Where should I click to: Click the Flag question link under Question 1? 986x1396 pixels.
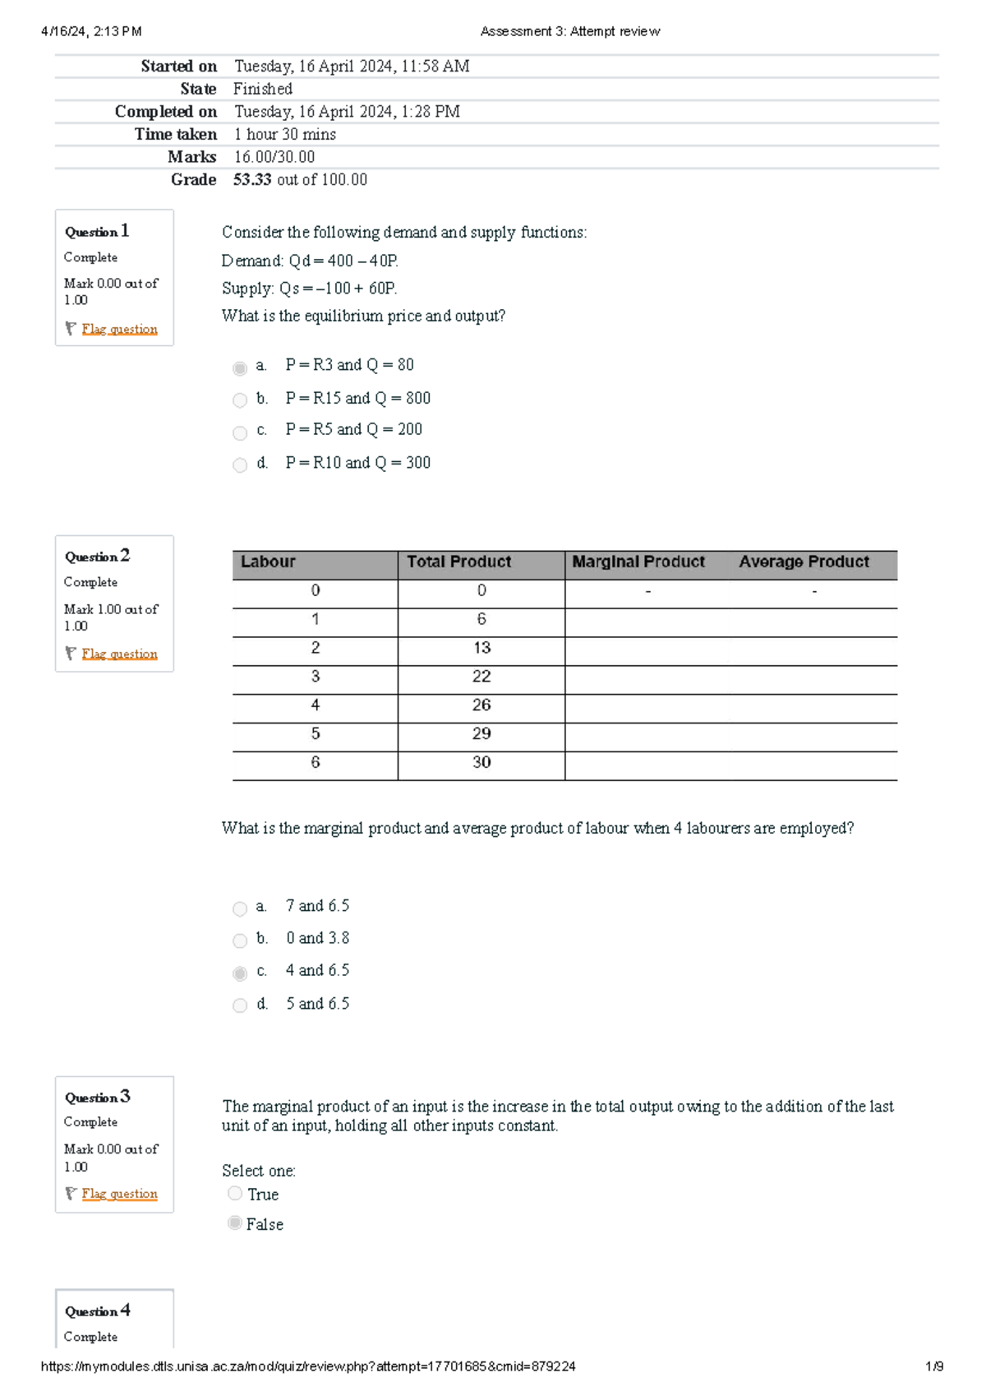tap(119, 329)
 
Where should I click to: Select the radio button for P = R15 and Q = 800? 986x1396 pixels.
tap(240, 400)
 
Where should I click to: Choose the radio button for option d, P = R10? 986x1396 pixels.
tap(240, 465)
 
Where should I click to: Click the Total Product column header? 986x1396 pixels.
tap(458, 562)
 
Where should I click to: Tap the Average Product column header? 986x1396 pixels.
tap(804, 562)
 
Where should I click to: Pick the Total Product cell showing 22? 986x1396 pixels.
tap(481, 677)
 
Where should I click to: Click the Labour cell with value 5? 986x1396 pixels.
tap(316, 733)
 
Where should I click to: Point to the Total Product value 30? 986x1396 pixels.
tap(481, 762)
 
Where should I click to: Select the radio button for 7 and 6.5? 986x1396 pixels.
tap(240, 908)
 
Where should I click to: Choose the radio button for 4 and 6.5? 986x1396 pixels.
tap(240, 973)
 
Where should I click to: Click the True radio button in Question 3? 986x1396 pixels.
tap(235, 1193)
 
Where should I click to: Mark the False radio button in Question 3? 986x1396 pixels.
tap(235, 1223)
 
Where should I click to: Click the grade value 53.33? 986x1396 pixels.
tap(252, 179)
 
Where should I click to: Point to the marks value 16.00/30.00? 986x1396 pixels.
tap(274, 157)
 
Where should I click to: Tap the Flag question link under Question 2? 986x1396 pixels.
tap(119, 654)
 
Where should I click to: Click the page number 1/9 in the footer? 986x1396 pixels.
tap(934, 1366)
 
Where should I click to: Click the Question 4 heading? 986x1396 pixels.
tap(98, 1310)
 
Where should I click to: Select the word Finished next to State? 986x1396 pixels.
tap(263, 89)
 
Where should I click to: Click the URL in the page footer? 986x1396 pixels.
tap(308, 1366)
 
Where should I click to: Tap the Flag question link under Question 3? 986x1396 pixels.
tap(119, 1194)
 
